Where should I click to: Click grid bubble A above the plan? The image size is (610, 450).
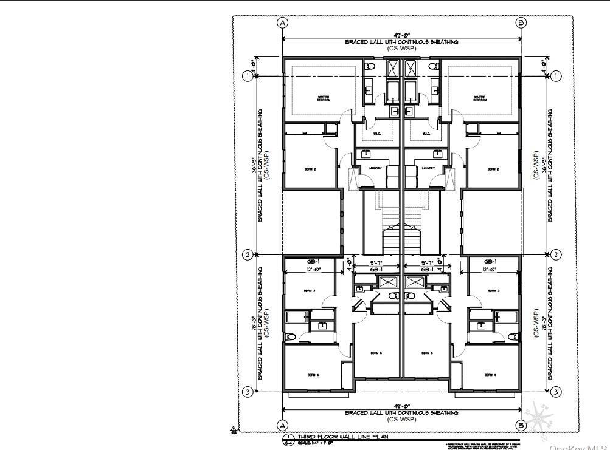pos(282,22)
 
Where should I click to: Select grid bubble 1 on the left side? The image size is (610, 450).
pos(248,76)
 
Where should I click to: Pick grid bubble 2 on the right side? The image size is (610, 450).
pos(556,254)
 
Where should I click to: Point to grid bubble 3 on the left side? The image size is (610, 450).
pos(248,392)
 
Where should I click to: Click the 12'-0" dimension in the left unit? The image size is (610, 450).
pos(310,269)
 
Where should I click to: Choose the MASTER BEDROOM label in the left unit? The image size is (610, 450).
pos(323,98)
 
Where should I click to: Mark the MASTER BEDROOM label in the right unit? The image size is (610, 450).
pos(480,98)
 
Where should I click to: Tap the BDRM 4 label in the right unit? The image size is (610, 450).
pos(491,375)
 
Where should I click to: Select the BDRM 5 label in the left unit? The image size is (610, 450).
pos(375,353)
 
